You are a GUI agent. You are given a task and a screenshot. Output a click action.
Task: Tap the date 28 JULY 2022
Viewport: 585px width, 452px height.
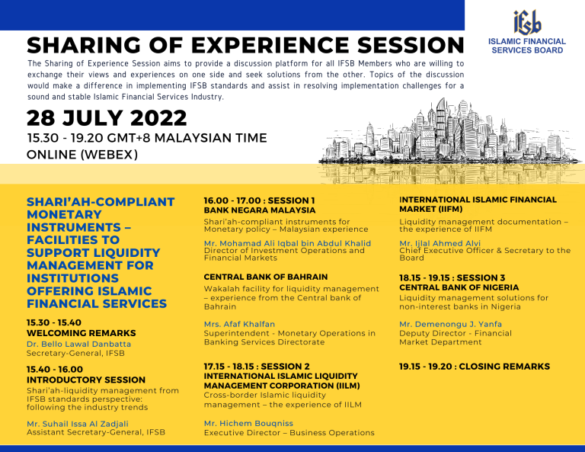[107, 118]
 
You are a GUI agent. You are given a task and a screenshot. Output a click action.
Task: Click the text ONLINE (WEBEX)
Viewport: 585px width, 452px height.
[82, 154]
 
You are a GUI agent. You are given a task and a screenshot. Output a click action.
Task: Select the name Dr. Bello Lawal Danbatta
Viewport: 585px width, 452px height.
[78, 344]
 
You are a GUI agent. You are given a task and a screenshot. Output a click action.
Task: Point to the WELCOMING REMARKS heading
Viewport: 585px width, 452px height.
[82, 333]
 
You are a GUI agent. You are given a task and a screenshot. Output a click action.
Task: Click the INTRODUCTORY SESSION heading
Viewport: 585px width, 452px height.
[86, 380]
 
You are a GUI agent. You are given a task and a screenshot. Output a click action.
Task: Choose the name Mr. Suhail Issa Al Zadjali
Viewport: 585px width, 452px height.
[78, 424]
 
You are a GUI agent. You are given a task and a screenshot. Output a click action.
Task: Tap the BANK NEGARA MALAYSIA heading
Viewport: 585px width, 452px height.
[260, 210]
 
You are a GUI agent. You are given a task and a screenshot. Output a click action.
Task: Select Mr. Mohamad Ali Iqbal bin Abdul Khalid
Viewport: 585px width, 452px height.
[288, 243]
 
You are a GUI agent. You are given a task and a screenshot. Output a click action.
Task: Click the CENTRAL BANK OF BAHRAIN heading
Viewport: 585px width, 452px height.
[266, 277]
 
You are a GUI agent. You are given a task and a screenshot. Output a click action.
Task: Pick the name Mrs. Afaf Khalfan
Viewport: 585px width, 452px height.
[239, 324]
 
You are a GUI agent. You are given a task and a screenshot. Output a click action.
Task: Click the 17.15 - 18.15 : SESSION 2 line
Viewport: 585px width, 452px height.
[257, 367]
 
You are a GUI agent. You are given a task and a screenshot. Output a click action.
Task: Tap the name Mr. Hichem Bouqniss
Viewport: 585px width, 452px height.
[248, 423]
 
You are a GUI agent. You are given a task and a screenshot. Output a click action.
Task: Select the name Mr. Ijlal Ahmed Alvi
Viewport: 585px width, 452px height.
[440, 243]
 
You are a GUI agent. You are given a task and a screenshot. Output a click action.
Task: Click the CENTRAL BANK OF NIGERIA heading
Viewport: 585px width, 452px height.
[459, 287]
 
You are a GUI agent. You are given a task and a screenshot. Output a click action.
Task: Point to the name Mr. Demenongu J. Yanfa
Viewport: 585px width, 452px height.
[451, 324]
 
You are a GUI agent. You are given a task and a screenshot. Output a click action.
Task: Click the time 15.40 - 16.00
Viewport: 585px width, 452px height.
[55, 370]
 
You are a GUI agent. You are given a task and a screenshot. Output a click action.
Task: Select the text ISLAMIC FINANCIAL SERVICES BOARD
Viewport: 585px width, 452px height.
[527, 46]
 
